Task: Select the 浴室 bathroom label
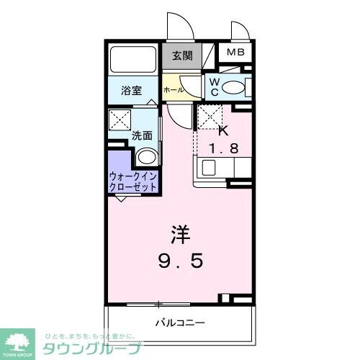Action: tap(131, 91)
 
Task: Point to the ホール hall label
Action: tap(173, 90)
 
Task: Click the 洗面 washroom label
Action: tap(141, 135)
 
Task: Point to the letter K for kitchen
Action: tap(222, 132)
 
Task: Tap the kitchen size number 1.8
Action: tap(223, 149)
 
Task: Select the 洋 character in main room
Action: tap(181, 235)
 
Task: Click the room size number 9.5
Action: tap(181, 260)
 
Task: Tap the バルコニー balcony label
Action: tap(181, 322)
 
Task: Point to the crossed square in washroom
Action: tap(119, 120)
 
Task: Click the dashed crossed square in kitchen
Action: tap(209, 116)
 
